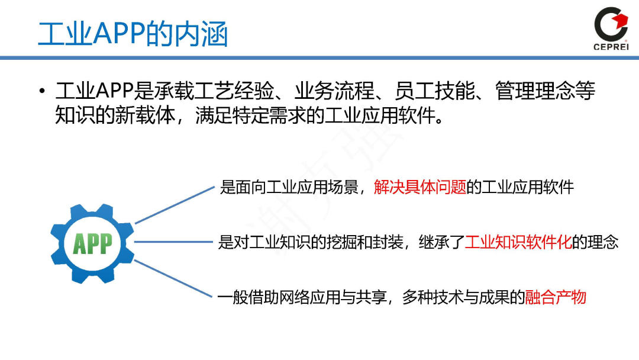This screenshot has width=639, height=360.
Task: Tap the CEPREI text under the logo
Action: tap(611, 47)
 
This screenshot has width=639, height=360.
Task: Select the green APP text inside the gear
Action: tap(92, 243)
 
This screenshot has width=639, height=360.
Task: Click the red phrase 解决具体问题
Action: tap(420, 188)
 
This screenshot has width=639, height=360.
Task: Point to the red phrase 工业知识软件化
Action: tap(518, 242)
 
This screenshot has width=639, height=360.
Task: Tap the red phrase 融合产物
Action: tap(556, 297)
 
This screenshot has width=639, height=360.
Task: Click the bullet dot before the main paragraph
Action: tap(41, 92)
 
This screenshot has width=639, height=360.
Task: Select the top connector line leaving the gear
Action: tap(175, 205)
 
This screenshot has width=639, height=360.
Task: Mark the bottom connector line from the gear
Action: tap(175, 278)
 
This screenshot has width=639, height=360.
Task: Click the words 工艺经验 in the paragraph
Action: tap(243, 92)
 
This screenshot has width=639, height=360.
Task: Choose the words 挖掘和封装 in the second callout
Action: tap(358, 242)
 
